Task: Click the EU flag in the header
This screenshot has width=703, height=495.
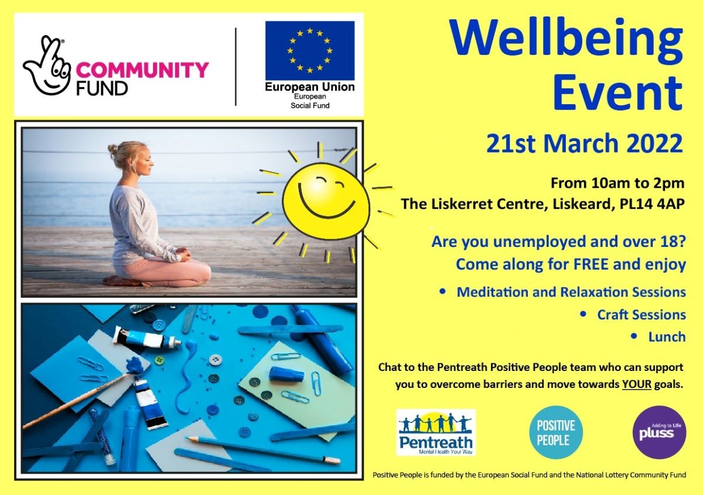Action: pos(310,50)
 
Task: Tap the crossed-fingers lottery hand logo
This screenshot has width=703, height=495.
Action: pos(47,66)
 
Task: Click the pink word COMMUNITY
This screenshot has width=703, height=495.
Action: pos(142,70)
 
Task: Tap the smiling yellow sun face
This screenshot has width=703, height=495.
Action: pos(326,201)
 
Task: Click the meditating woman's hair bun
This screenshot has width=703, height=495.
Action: pos(112,148)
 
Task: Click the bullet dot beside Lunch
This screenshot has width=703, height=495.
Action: pos(634,336)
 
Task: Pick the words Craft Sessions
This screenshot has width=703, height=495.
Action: pos(641,314)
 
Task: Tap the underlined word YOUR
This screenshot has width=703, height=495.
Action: pos(637,384)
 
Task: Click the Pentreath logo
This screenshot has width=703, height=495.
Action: pos(436,432)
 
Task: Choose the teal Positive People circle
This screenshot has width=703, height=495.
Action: pos(556,433)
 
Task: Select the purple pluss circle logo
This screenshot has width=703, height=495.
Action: pos(660,432)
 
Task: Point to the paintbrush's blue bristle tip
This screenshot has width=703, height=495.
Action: pos(135,366)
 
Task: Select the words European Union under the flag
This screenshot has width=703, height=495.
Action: pos(310,87)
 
